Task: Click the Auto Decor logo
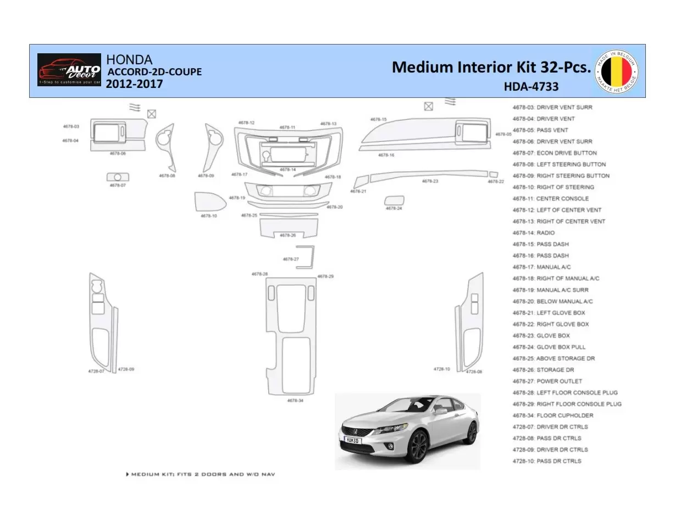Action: coord(69,70)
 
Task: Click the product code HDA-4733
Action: coord(531,86)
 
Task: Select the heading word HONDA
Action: coord(129,59)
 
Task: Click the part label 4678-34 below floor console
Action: coord(295,401)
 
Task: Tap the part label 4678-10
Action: coord(209,216)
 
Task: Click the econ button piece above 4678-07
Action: coord(117,177)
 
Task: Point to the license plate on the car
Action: coord(352,439)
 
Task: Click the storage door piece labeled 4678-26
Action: coord(287,227)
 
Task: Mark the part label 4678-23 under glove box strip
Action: coord(430,181)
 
